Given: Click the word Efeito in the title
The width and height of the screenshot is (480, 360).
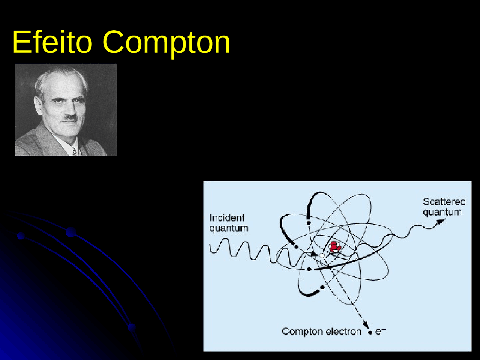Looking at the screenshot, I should tap(52, 42).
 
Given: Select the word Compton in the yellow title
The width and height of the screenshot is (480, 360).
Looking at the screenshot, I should tap(166, 43).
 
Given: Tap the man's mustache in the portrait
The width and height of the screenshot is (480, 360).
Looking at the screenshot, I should tap(70, 117).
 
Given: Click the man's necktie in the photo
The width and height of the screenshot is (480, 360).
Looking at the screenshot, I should tap(74, 151).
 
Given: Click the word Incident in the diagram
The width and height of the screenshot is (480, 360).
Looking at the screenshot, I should tap(227, 218).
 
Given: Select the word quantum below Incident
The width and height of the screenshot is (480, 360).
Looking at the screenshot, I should tap(229, 228).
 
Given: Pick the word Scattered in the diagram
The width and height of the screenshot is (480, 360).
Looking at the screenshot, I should tap(444, 202).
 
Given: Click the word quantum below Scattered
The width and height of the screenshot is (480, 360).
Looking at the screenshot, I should tap(442, 212).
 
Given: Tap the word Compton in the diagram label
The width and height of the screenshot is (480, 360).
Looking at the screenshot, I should tap(302, 331).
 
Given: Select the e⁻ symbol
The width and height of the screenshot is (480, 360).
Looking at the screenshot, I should tap(380, 331).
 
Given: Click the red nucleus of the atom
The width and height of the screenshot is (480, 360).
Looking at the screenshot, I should tap(334, 246).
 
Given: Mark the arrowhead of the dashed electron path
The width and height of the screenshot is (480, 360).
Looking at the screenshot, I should tap(364, 325).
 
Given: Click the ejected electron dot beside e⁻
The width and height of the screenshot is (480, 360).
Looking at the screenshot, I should tap(370, 333).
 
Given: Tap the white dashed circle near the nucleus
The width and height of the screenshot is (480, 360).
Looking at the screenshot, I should tap(322, 255).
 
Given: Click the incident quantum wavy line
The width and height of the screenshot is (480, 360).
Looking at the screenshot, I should tap(244, 249).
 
